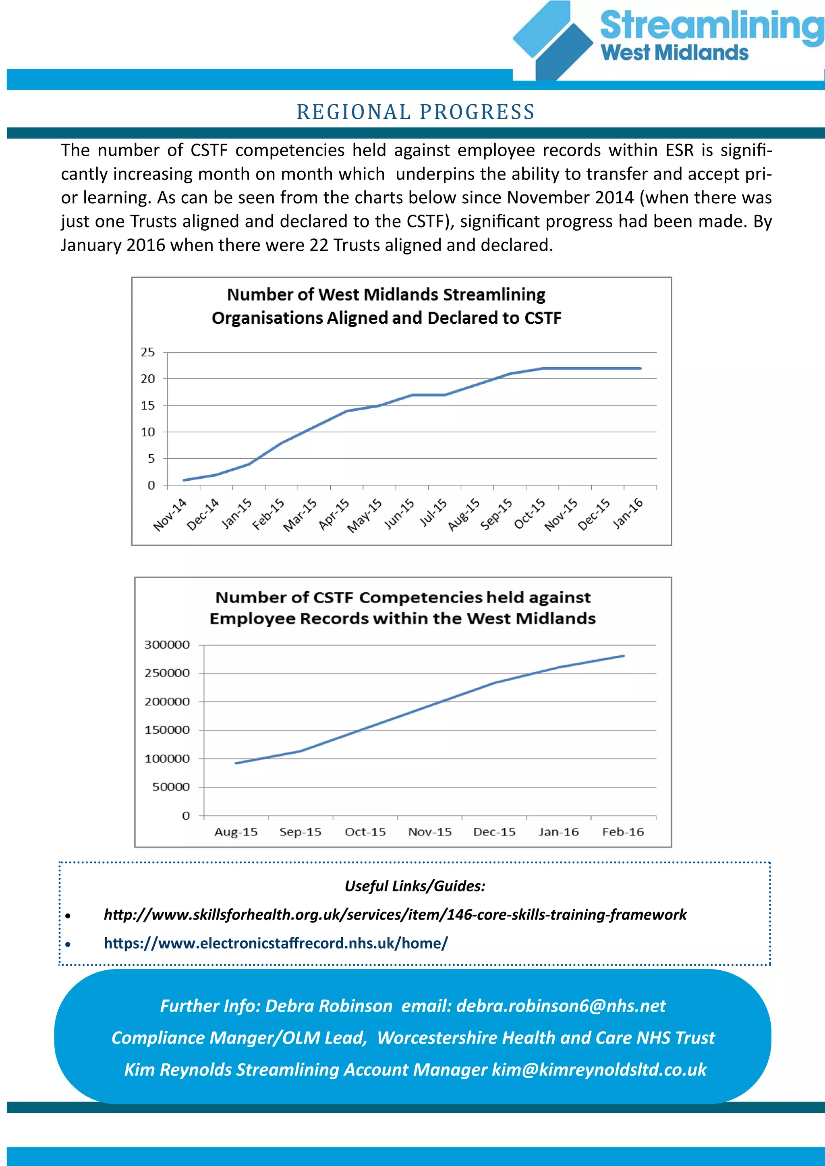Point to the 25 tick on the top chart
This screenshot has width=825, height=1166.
pos(148,352)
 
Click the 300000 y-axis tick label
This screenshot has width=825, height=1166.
pos(167,645)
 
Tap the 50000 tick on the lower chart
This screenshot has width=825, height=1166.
pos(171,787)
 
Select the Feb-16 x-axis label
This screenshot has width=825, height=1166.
pos(623,832)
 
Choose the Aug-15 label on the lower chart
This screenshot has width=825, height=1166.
pos(236,832)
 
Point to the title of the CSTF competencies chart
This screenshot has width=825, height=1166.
pos(402,608)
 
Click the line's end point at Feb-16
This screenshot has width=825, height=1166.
pos(623,655)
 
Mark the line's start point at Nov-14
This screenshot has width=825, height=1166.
pos(184,480)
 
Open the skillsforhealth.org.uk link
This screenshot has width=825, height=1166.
pos(395,915)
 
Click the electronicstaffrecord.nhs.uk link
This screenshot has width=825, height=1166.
pos(276,943)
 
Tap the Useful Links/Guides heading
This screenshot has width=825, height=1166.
pos(415,886)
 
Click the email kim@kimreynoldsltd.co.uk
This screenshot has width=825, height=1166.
pos(599,1069)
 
